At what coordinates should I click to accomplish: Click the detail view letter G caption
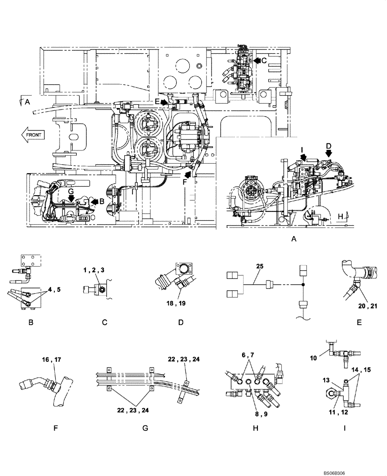tap(145, 428)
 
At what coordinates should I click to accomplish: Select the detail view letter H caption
tap(255, 428)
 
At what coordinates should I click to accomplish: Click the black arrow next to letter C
tap(257, 60)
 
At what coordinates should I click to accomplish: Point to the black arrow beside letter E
tap(164, 102)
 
